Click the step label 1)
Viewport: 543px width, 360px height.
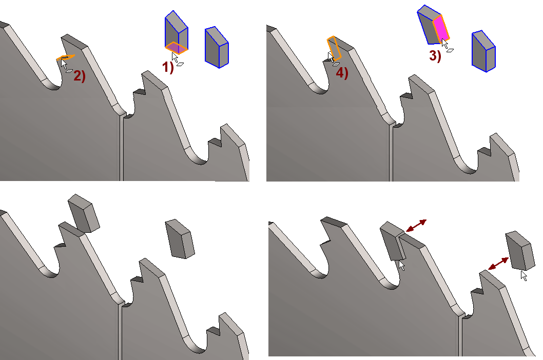(x=168, y=67)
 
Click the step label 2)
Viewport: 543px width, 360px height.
(x=80, y=76)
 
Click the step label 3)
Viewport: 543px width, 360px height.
(x=435, y=56)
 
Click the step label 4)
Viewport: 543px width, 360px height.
(x=342, y=73)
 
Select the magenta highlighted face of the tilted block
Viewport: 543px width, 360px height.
(x=441, y=29)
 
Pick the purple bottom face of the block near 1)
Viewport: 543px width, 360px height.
(x=177, y=48)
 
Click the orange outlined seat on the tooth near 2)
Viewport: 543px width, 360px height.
(x=66, y=57)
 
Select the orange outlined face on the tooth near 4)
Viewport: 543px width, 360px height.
(x=334, y=48)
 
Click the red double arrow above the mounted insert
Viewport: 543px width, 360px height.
(x=416, y=225)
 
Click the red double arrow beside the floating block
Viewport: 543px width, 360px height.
(x=498, y=264)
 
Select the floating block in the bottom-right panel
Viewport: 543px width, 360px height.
(x=520, y=251)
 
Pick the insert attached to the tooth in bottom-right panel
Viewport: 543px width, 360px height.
(x=394, y=241)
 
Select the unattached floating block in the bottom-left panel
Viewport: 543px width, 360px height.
(x=180, y=239)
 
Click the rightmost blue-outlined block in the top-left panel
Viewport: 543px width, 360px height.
(x=217, y=47)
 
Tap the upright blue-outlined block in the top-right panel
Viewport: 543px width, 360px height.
(x=483, y=51)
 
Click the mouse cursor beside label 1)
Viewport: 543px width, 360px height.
(x=175, y=57)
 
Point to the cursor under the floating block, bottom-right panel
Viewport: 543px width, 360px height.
(x=524, y=275)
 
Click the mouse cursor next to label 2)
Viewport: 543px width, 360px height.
(x=64, y=64)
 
